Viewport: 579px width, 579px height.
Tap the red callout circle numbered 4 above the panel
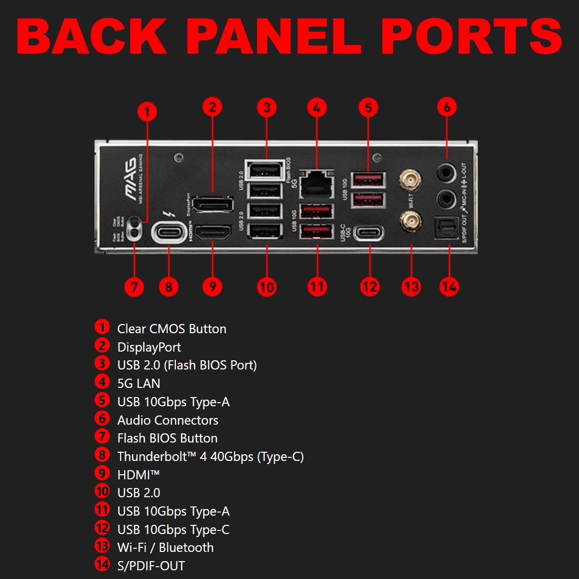[317, 107]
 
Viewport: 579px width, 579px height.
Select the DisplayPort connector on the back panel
[213, 204]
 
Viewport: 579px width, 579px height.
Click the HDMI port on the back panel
[213, 233]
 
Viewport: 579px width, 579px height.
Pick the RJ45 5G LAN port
[317, 184]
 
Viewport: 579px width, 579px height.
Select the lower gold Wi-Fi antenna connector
[410, 221]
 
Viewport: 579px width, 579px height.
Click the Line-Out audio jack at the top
[446, 173]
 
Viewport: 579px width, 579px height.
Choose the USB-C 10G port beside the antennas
[369, 234]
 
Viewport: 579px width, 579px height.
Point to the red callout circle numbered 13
[411, 287]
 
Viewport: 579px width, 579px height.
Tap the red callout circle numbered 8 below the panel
[169, 287]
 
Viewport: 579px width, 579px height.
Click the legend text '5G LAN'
[138, 383]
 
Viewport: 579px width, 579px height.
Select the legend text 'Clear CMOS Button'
[172, 329]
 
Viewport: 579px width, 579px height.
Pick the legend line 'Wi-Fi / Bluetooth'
[166, 547]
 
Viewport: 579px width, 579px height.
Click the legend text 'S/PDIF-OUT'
[151, 566]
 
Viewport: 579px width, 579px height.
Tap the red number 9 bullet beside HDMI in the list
[102, 474]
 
